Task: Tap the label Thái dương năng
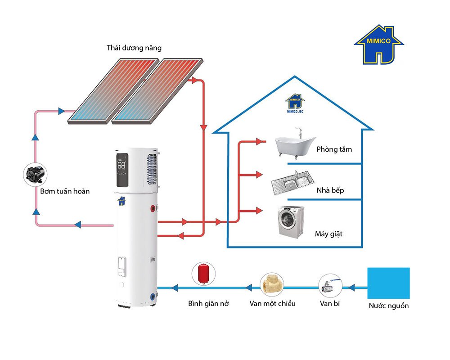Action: (134, 48)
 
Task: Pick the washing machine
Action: (290, 221)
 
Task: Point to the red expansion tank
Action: (203, 274)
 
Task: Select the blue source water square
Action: (388, 283)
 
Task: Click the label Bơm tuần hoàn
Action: (65, 191)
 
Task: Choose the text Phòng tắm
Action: (334, 149)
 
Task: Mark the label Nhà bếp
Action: (330, 190)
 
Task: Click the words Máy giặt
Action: (328, 234)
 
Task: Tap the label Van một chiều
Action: (273, 303)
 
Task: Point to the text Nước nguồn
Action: (389, 306)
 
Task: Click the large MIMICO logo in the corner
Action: (379, 45)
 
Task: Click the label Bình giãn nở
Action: (208, 303)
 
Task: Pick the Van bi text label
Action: (330, 303)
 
